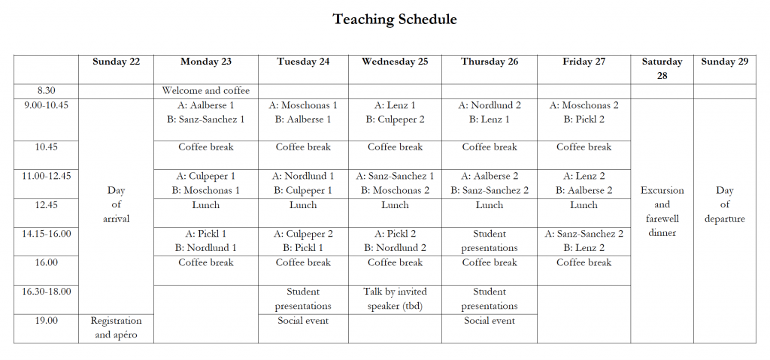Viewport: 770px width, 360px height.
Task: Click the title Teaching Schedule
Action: click(x=395, y=19)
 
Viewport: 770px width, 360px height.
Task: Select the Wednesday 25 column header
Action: click(x=395, y=62)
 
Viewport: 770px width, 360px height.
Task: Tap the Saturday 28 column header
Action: click(x=662, y=68)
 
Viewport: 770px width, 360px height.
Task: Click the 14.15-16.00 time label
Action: click(x=46, y=234)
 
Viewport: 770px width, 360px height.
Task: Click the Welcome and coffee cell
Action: click(x=205, y=91)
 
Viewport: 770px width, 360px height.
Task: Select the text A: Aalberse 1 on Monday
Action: click(x=205, y=105)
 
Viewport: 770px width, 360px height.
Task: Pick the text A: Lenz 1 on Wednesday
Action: click(x=395, y=105)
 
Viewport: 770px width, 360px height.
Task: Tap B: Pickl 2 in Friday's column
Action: click(x=584, y=119)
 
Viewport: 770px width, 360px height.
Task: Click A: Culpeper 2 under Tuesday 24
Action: click(x=303, y=234)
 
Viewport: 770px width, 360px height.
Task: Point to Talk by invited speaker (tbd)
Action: click(x=395, y=298)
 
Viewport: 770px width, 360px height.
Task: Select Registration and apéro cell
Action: click(x=116, y=328)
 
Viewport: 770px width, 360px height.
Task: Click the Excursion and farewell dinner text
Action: click(x=662, y=211)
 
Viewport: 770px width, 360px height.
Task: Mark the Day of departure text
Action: click(x=724, y=204)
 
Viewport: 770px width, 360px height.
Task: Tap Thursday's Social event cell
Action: click(x=489, y=321)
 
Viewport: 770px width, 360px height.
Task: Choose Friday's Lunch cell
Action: click(x=584, y=204)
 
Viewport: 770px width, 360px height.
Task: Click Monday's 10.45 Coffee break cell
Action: click(x=205, y=147)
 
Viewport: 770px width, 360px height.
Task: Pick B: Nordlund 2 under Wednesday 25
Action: click(x=395, y=248)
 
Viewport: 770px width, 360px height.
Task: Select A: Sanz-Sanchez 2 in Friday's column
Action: click(x=584, y=234)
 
